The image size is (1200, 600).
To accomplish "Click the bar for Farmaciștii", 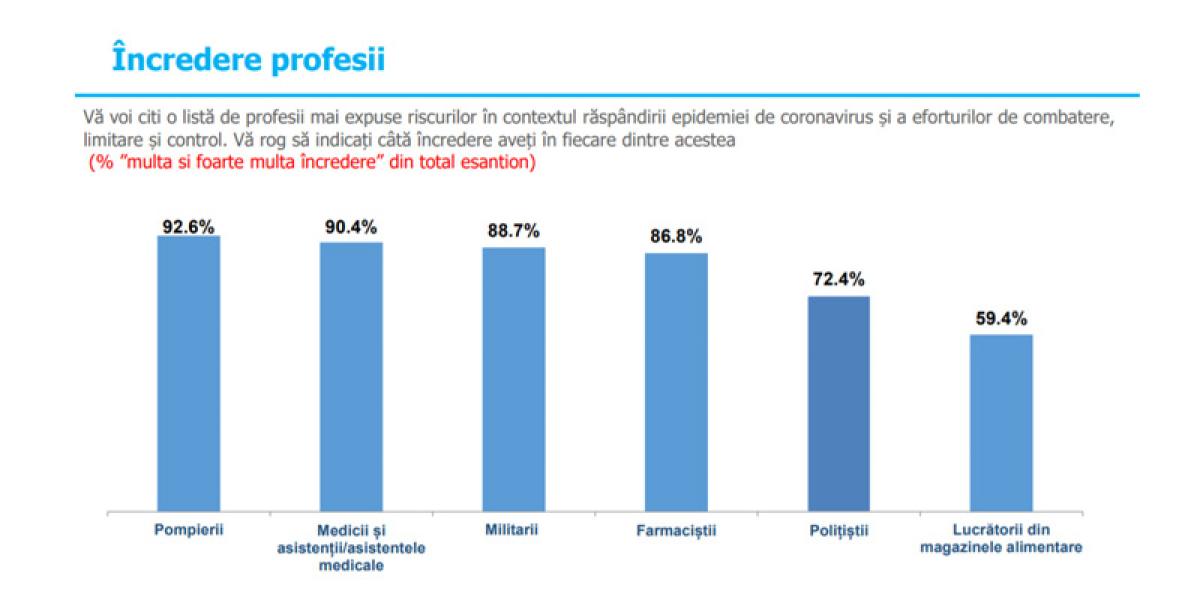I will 676,381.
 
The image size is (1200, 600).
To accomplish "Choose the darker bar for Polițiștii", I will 838,403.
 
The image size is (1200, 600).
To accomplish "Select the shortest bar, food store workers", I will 1001,422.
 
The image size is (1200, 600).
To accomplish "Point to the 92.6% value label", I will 189,226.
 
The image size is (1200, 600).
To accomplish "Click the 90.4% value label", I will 350,228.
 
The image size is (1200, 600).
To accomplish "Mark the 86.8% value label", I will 676,238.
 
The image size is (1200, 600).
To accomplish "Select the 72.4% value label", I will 838,280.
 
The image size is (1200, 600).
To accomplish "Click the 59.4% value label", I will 1001,320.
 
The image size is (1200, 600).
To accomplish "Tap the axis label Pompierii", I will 188,529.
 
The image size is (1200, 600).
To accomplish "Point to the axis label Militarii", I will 513,529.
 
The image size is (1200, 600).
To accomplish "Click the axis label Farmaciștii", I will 676,530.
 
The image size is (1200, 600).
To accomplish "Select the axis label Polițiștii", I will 838,530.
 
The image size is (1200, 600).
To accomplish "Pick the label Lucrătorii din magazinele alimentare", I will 1001,538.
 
